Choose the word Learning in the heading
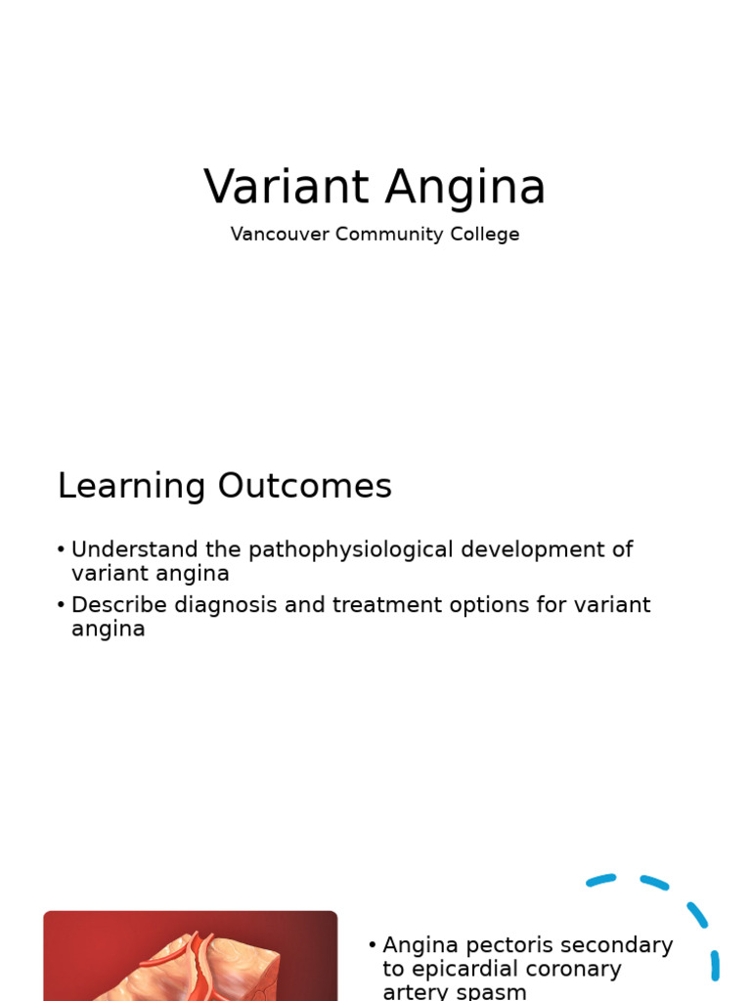[x=132, y=487]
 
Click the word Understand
[x=128, y=549]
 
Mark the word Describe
[x=119, y=605]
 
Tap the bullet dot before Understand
[x=62, y=550]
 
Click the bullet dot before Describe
[x=62, y=605]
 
